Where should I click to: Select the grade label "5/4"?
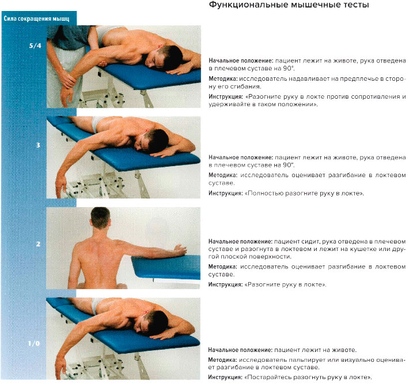click(x=35, y=46)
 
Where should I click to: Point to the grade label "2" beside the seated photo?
click(x=38, y=244)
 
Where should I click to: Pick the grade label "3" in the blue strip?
click(x=38, y=145)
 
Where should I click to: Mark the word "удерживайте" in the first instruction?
click(x=230, y=105)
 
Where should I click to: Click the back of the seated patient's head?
click(x=100, y=218)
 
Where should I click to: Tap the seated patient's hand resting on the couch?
click(x=180, y=250)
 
